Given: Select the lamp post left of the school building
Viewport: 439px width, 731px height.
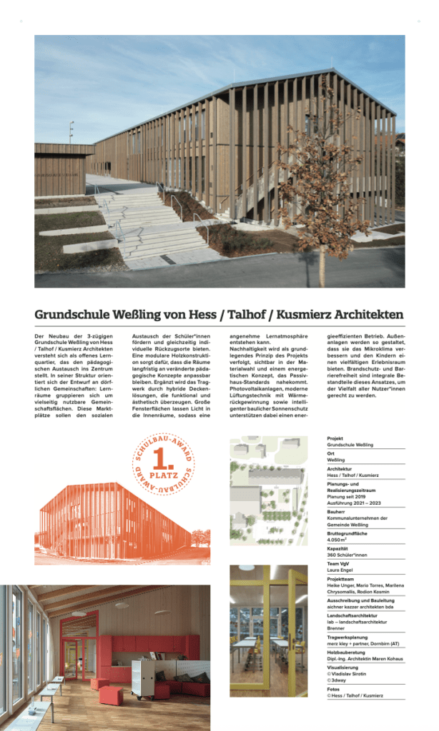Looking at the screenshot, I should coord(71,131).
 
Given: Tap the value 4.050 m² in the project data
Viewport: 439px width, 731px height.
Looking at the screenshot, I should coord(340,540).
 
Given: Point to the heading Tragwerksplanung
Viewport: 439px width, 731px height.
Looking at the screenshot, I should coord(348,638).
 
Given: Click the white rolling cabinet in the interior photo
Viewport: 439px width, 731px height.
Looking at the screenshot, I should coord(143,672).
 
